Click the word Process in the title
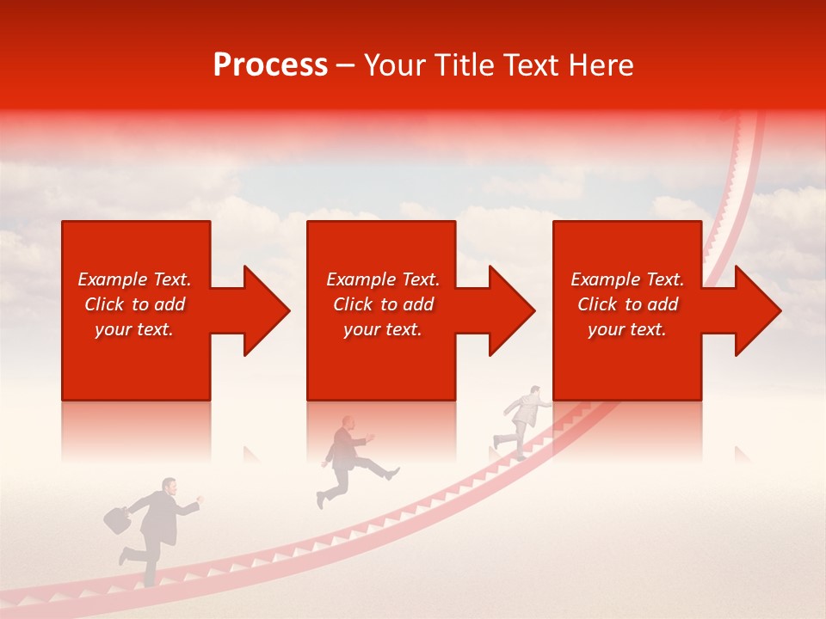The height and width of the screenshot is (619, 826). pos(270,65)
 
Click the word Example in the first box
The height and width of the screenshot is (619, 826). pos(113,279)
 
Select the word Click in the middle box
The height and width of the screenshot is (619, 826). pos(352,304)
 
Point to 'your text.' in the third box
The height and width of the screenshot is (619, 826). pos(626,329)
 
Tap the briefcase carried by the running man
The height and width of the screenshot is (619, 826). pos(116,518)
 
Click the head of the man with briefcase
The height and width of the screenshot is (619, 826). pos(170,487)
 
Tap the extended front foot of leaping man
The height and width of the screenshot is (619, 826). pos(393,473)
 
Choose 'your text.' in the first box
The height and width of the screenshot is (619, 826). pos(134,329)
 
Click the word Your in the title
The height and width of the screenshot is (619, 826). pos(395,65)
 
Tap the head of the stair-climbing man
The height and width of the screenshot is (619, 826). pos(534,391)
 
